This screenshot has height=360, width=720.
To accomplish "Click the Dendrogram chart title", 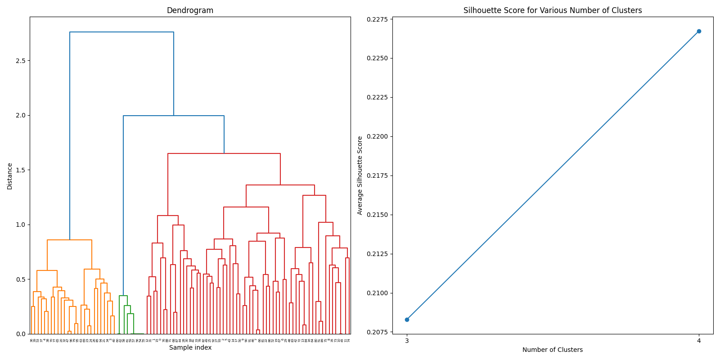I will point(190,10).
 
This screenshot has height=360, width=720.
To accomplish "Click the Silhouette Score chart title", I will point(553,10).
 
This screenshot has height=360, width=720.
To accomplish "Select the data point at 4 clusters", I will point(699,31).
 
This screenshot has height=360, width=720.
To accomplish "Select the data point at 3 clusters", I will point(407,319).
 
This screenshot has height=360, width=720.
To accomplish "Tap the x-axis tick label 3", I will point(407,341).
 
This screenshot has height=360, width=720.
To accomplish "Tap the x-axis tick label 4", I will point(699,341).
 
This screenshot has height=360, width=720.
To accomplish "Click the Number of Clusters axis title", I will point(553,350).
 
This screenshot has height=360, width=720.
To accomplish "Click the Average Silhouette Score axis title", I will point(360,175).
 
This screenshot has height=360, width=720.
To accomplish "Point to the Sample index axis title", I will point(190,347).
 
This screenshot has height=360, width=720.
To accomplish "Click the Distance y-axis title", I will point(10,176).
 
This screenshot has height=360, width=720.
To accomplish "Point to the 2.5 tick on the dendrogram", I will point(20,61).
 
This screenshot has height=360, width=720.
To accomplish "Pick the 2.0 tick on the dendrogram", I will point(20,115).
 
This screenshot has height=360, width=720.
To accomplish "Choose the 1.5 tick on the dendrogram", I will point(20,170).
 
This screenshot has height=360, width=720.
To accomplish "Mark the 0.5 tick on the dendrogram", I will point(20,279).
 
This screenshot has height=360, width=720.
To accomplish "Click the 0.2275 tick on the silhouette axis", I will point(377,19).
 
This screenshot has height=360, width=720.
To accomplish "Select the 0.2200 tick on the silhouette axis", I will point(377,136).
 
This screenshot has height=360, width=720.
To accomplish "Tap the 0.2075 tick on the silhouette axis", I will point(377,332).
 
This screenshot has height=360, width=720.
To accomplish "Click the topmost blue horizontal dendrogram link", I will point(121,32).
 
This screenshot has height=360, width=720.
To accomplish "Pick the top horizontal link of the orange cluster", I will point(69,240).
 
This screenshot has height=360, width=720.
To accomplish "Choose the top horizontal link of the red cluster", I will point(224,153).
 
